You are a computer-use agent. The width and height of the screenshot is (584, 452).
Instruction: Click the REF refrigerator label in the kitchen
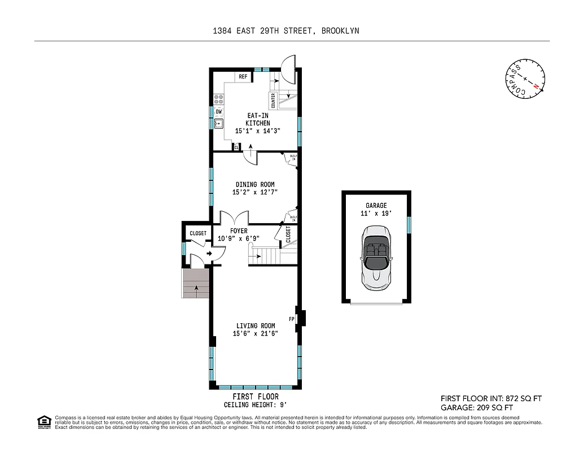243,76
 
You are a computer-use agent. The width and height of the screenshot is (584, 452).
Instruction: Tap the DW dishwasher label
218,111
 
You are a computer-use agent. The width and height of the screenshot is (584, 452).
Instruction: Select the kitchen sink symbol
219,124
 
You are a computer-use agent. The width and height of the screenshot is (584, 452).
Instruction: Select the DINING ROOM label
255,184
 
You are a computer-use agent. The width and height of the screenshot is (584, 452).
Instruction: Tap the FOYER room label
239,231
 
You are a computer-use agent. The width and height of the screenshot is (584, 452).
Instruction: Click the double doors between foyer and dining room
234,218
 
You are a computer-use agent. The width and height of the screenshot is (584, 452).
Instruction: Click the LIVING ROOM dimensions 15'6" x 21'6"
256,333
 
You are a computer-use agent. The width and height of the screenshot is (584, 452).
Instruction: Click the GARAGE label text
376,206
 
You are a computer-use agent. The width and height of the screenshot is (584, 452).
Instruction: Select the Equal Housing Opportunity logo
43,422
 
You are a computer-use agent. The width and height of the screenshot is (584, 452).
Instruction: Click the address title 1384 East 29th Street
286,31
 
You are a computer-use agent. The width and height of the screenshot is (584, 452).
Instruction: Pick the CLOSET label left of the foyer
197,233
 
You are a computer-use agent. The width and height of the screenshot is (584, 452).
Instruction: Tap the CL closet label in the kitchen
236,147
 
